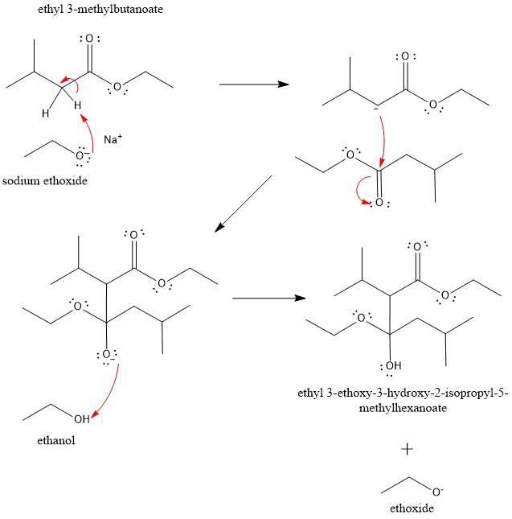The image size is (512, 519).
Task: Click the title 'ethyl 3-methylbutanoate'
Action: point(88,10)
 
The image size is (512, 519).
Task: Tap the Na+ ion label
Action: point(113,139)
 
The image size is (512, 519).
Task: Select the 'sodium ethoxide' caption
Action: point(44,180)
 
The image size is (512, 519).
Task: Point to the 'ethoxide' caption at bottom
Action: point(411,508)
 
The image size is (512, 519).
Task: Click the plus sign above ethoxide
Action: point(408,448)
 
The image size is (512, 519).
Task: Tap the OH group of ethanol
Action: point(82,419)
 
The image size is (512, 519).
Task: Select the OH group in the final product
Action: point(393,367)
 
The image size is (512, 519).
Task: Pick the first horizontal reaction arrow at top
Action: point(253,84)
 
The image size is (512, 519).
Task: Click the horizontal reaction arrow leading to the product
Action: point(268,298)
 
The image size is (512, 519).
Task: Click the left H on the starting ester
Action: point(46,113)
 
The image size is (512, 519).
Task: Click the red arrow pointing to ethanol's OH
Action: point(110,393)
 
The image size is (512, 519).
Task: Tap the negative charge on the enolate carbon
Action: point(375,107)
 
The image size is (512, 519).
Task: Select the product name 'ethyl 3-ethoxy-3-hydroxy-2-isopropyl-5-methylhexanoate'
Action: point(403,401)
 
